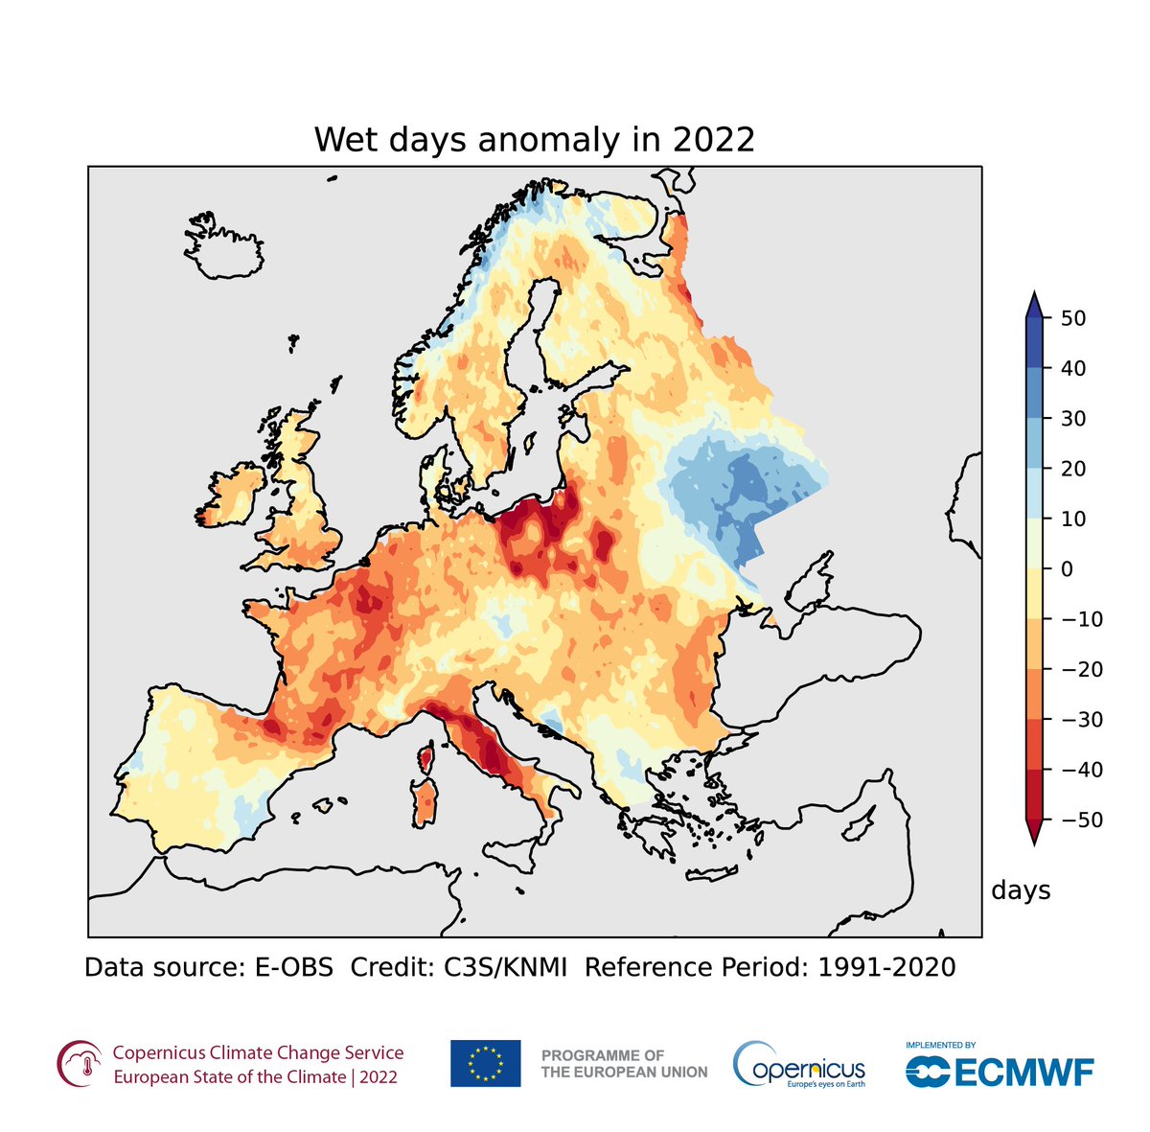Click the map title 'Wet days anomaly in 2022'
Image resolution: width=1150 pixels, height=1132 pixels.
(x=535, y=140)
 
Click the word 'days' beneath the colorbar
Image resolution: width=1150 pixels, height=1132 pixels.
(x=1021, y=890)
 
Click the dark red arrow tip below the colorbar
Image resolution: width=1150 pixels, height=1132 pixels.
(x=1033, y=836)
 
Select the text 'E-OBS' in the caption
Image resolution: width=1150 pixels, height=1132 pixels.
(x=293, y=967)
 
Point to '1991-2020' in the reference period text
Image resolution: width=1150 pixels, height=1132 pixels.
(x=886, y=967)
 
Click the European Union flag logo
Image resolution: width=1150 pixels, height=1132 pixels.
(x=486, y=1063)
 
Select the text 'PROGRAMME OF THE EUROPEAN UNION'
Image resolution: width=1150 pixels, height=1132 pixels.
(x=624, y=1064)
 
